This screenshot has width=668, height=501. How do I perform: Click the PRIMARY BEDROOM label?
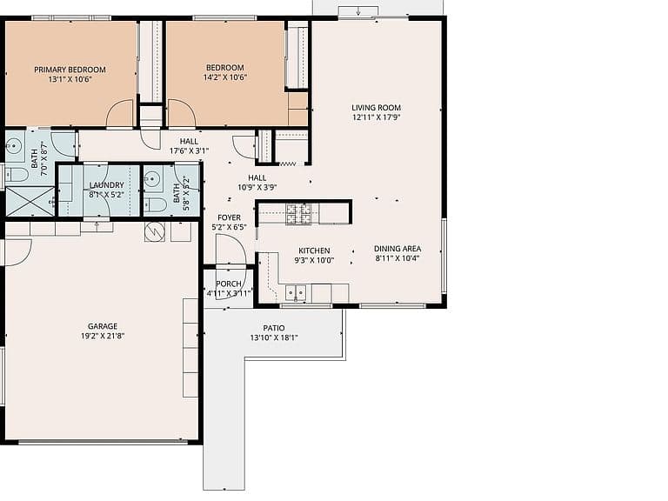70,70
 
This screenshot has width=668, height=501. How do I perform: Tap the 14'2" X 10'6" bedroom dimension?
225,77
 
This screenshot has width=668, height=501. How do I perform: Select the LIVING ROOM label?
376,108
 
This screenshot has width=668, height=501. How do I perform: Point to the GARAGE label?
103,326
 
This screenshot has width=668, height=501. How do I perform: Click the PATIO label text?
274,328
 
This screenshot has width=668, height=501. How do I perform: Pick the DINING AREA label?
397,249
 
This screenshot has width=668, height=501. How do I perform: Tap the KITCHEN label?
314,250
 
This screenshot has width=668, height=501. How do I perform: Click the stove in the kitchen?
299,214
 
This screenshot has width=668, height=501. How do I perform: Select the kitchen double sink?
296,292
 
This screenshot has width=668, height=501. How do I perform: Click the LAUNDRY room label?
106,185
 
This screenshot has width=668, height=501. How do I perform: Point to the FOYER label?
230,217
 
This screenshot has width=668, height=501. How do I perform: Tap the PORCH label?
229,284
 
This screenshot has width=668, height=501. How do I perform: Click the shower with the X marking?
30,201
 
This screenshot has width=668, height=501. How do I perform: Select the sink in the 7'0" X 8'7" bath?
14,146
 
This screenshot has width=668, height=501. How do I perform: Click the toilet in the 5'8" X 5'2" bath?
155,205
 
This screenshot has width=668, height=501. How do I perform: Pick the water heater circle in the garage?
155,231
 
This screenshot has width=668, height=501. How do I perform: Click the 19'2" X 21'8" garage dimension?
103,336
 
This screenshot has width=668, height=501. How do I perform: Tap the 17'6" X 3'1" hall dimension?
189,150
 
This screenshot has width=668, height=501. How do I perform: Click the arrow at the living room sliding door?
358,11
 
